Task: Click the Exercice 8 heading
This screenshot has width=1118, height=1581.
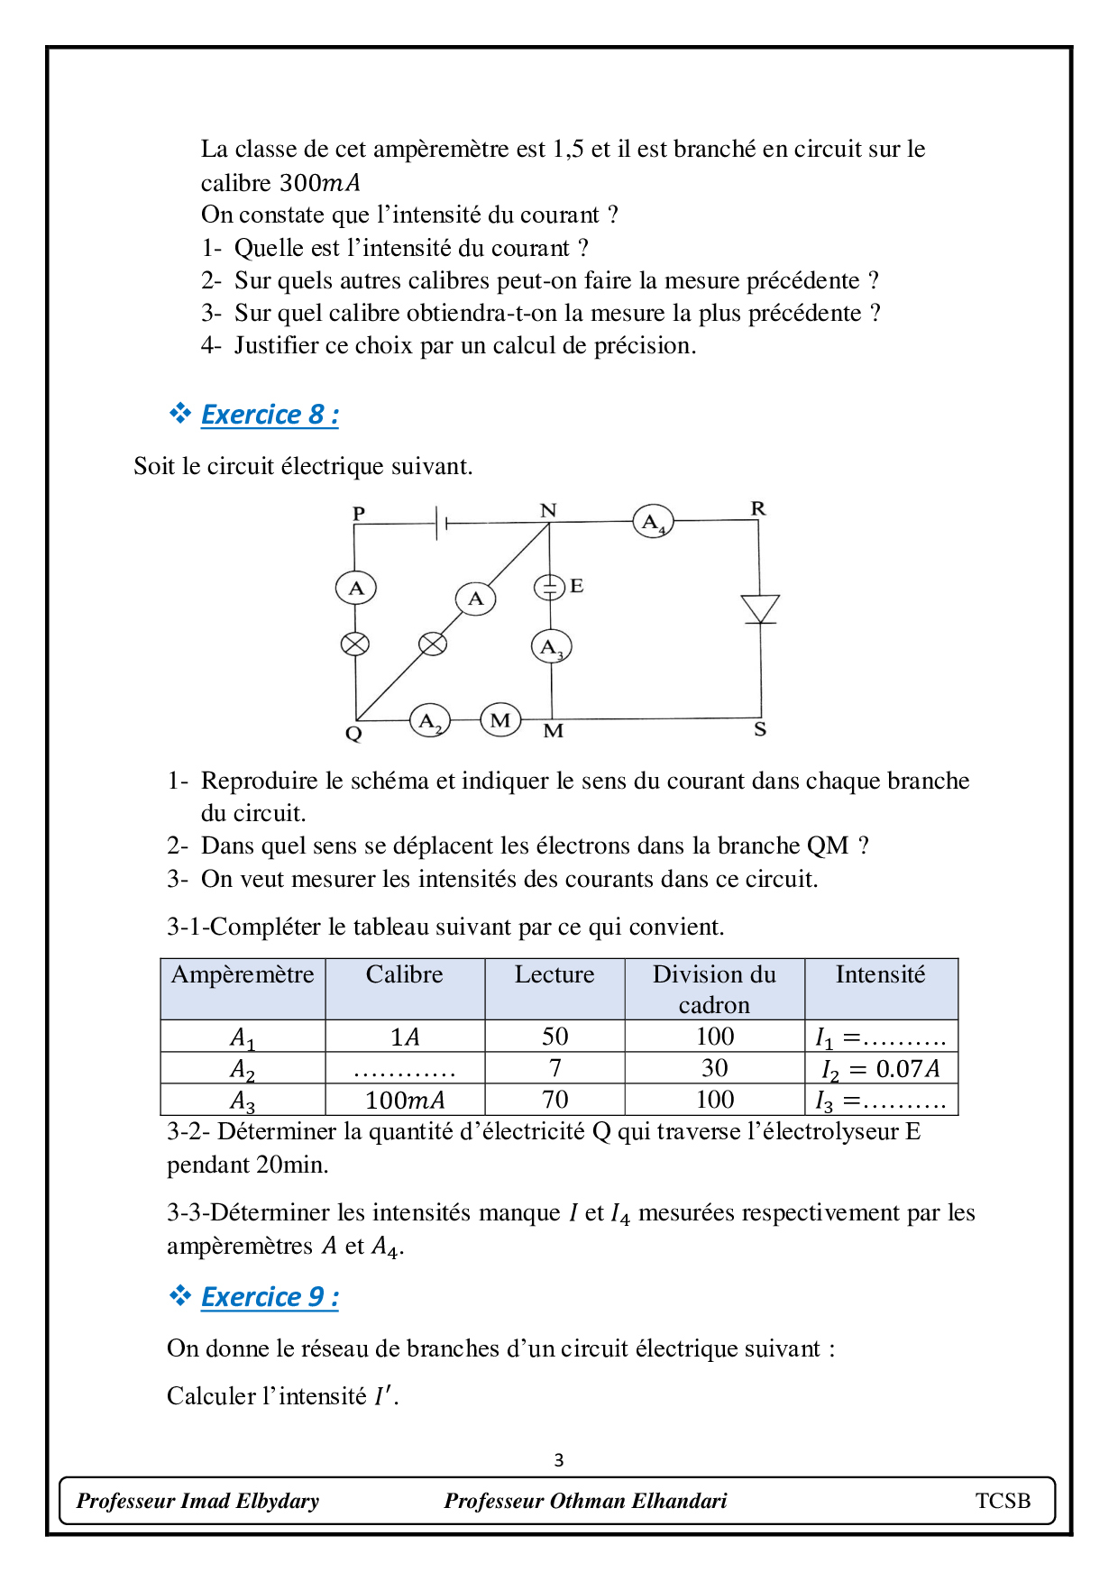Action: click(270, 415)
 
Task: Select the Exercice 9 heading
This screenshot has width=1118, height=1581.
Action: click(270, 1297)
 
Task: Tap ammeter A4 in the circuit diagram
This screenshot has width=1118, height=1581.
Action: click(652, 522)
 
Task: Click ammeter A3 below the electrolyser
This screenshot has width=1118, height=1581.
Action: click(551, 646)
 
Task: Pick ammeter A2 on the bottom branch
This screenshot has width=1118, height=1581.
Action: click(430, 721)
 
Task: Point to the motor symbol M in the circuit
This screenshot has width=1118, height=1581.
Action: click(500, 720)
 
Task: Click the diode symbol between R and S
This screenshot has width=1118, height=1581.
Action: click(760, 608)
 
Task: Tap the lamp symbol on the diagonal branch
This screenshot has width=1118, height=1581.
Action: click(433, 644)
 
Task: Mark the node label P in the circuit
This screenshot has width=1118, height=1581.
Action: click(359, 513)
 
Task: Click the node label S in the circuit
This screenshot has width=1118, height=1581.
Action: click(760, 729)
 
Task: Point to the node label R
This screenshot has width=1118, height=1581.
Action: click(758, 508)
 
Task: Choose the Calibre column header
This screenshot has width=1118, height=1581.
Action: click(404, 975)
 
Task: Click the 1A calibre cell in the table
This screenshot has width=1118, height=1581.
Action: click(405, 1037)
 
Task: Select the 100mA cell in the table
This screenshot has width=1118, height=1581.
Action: click(405, 1100)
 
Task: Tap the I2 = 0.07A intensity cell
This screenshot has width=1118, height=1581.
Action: click(880, 1069)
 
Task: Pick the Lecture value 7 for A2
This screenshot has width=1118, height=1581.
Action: click(554, 1068)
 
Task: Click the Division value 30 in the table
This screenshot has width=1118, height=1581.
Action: click(714, 1068)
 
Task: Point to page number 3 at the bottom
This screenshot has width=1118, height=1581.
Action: click(559, 1460)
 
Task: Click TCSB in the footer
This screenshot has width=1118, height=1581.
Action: click(1003, 1501)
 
